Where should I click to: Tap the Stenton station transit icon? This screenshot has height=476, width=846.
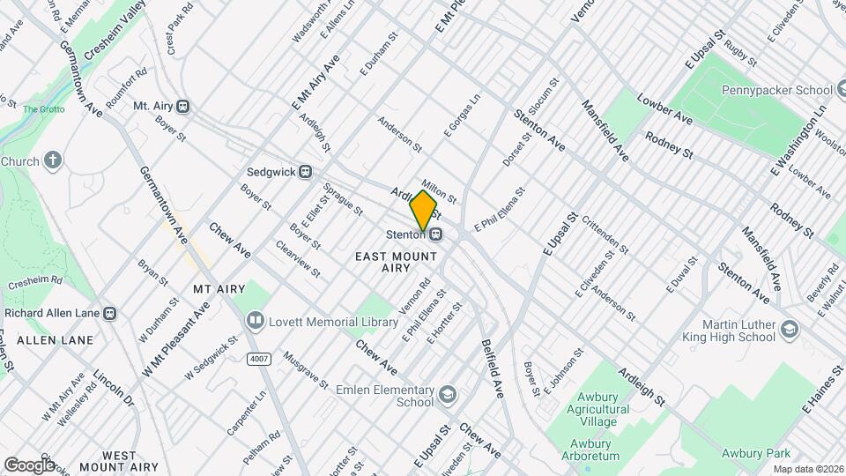point(436,234)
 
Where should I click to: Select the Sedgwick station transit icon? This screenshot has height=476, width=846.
point(306,172)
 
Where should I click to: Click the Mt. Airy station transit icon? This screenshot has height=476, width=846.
point(183,106)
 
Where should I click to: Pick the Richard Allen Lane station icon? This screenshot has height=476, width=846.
point(110,313)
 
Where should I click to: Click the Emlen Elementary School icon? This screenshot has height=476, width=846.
point(449,392)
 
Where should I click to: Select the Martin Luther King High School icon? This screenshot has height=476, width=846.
point(789,331)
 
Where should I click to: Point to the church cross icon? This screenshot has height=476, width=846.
point(53,161)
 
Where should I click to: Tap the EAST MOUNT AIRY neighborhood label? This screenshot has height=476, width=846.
point(396,262)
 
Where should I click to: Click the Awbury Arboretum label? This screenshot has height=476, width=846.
point(590,450)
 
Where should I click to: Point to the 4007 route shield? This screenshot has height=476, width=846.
point(258,359)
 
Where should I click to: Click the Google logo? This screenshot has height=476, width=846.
point(29,465)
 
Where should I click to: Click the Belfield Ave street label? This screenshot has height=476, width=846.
point(492,368)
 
